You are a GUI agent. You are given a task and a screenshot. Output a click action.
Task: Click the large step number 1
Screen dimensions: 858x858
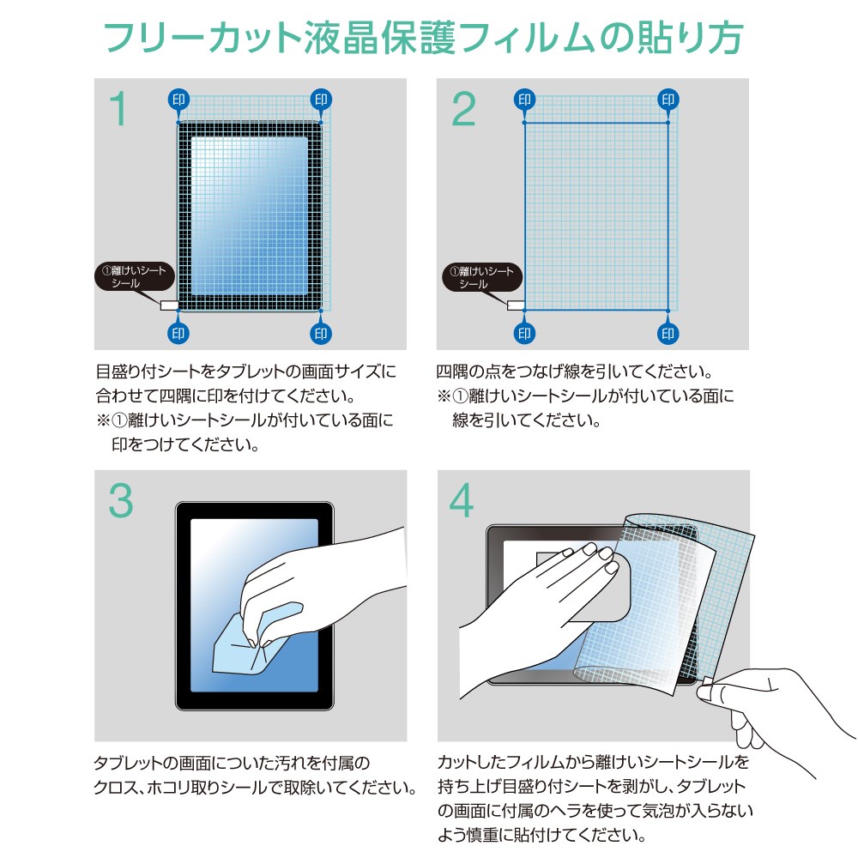click(118, 108)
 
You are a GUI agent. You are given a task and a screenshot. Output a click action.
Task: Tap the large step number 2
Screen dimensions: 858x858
click(463, 108)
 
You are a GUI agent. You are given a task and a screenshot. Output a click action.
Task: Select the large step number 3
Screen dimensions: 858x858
click(121, 500)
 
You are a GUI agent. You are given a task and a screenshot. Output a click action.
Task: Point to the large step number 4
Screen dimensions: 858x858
click(462, 500)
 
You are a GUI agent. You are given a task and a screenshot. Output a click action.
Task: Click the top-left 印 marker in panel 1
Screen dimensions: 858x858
click(178, 100)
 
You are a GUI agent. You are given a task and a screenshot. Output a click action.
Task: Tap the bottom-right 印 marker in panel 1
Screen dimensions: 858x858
click(321, 333)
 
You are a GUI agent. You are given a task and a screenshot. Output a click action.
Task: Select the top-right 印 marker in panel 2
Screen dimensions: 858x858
click(668, 100)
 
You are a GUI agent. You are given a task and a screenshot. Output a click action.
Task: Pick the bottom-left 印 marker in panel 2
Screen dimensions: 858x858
click(524, 333)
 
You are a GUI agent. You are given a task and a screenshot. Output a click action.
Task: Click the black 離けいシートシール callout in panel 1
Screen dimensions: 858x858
click(135, 277)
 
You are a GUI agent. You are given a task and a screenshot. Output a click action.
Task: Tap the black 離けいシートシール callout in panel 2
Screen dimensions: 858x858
click(482, 277)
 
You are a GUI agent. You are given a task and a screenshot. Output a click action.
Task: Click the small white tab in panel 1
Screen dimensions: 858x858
click(169, 305)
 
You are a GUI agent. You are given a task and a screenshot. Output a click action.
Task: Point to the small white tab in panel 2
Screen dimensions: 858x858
click(516, 305)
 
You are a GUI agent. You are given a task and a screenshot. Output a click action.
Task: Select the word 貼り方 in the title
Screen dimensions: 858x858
click(689, 38)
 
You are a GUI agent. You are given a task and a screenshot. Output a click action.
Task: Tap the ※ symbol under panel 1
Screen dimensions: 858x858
click(104, 420)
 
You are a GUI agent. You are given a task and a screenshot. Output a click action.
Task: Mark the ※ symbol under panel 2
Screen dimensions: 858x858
click(444, 396)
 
